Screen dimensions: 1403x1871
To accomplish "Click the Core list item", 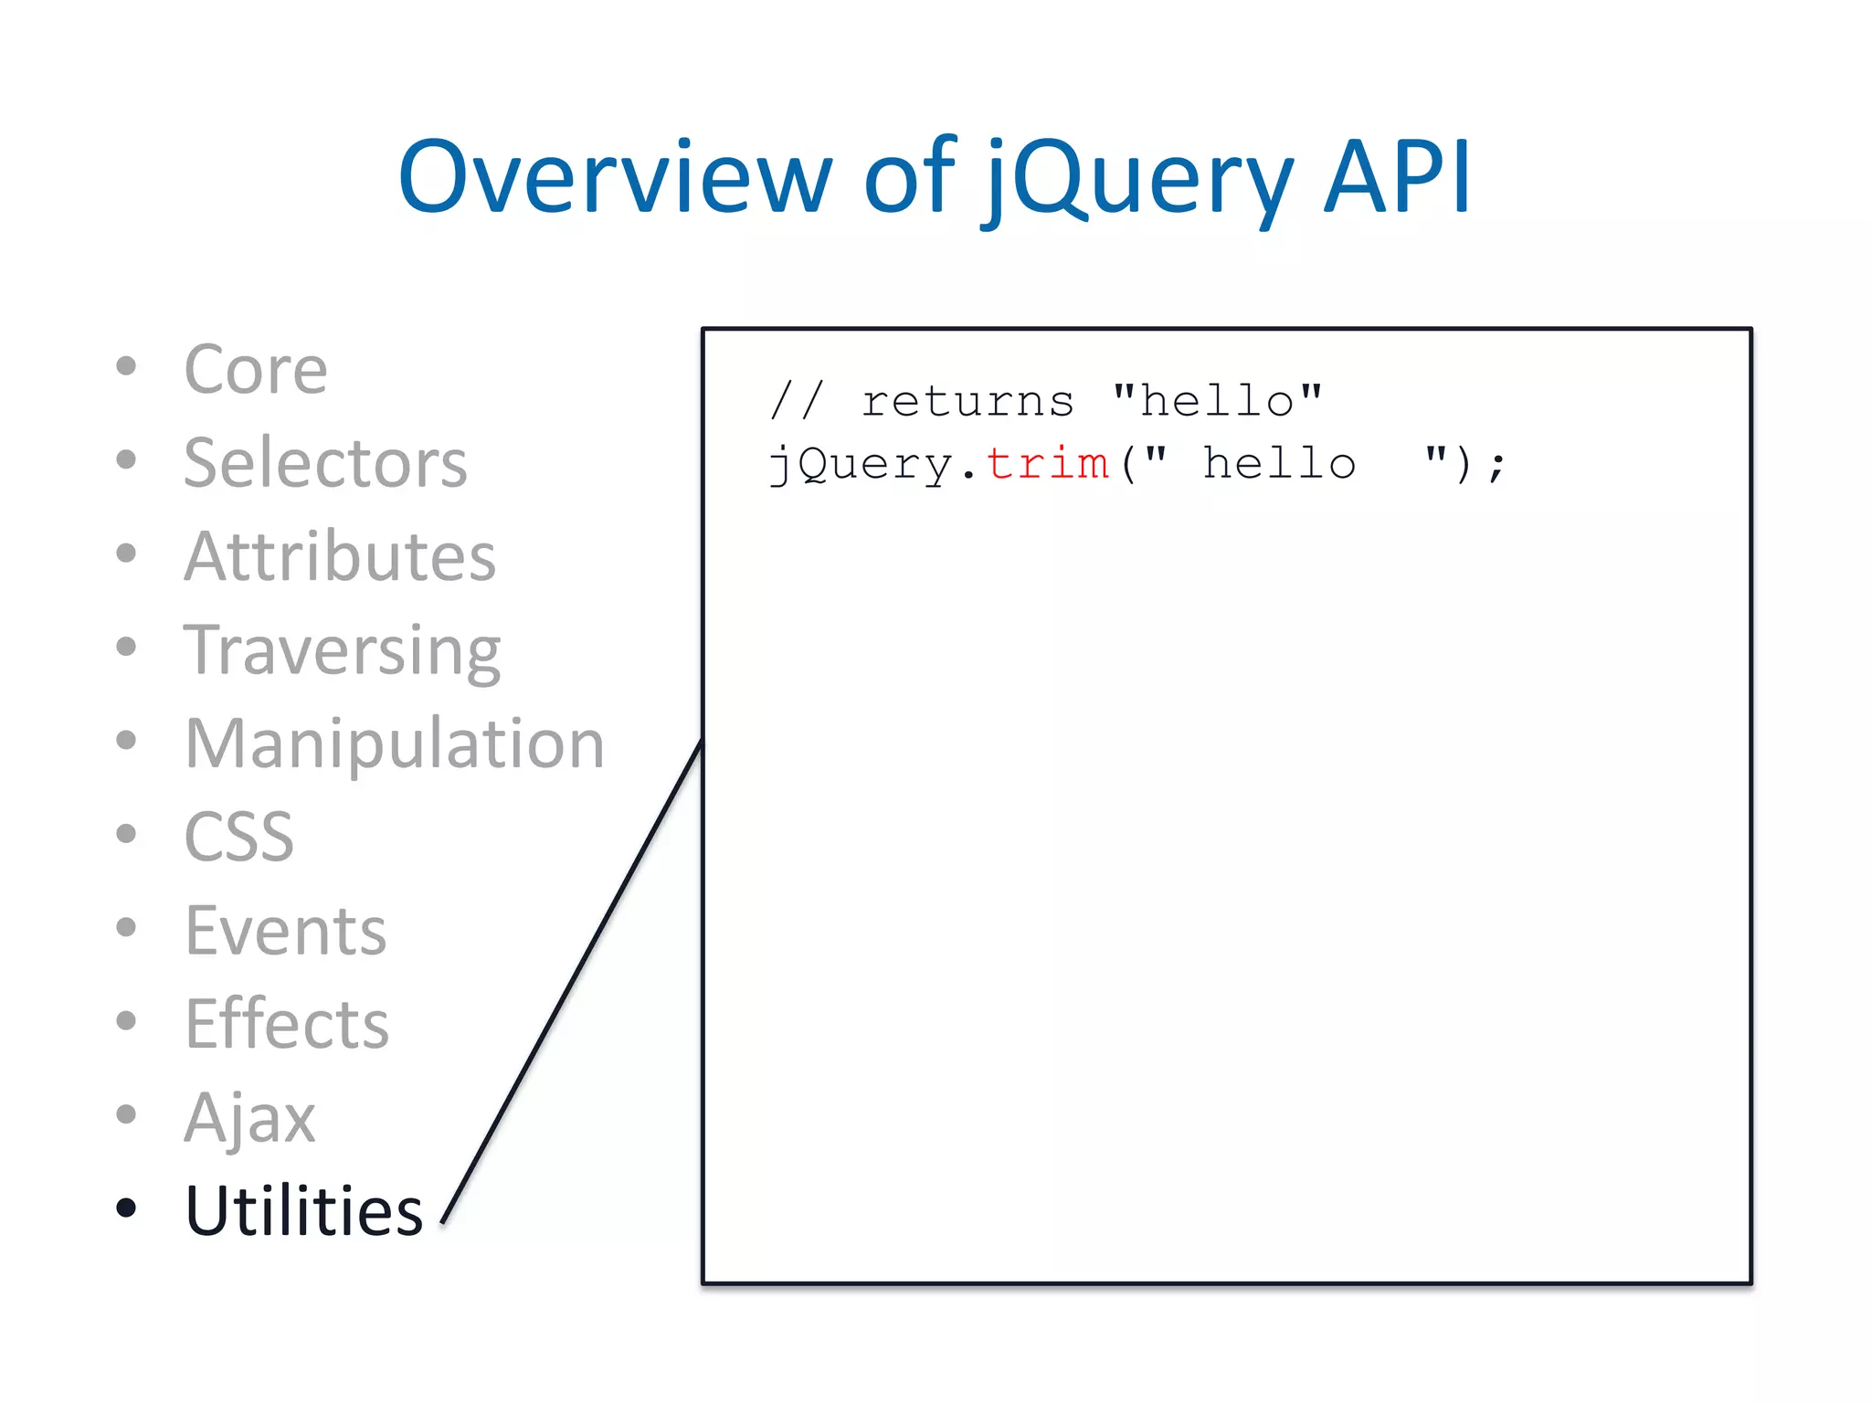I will click(255, 370).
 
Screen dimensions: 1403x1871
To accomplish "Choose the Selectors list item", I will click(325, 463).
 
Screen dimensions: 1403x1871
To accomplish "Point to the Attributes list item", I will click(339, 556).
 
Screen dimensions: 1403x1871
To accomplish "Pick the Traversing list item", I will click(342, 650).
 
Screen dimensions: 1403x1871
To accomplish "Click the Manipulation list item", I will click(394, 744).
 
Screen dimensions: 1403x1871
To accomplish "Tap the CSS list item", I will click(238, 837).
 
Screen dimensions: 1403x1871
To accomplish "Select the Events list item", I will click(285, 931).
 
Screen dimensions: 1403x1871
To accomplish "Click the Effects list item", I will click(286, 1024).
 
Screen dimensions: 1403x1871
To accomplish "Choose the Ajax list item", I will click(249, 1118).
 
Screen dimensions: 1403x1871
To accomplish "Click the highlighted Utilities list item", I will click(303, 1211).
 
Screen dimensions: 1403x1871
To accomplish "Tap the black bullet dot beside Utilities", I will click(126, 1208).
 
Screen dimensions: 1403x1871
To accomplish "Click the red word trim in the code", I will click(1047, 463).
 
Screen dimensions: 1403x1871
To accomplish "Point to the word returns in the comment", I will click(967, 402).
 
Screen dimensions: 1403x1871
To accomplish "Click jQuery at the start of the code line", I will click(862, 465).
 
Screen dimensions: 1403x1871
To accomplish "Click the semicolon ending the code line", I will click(1496, 467).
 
